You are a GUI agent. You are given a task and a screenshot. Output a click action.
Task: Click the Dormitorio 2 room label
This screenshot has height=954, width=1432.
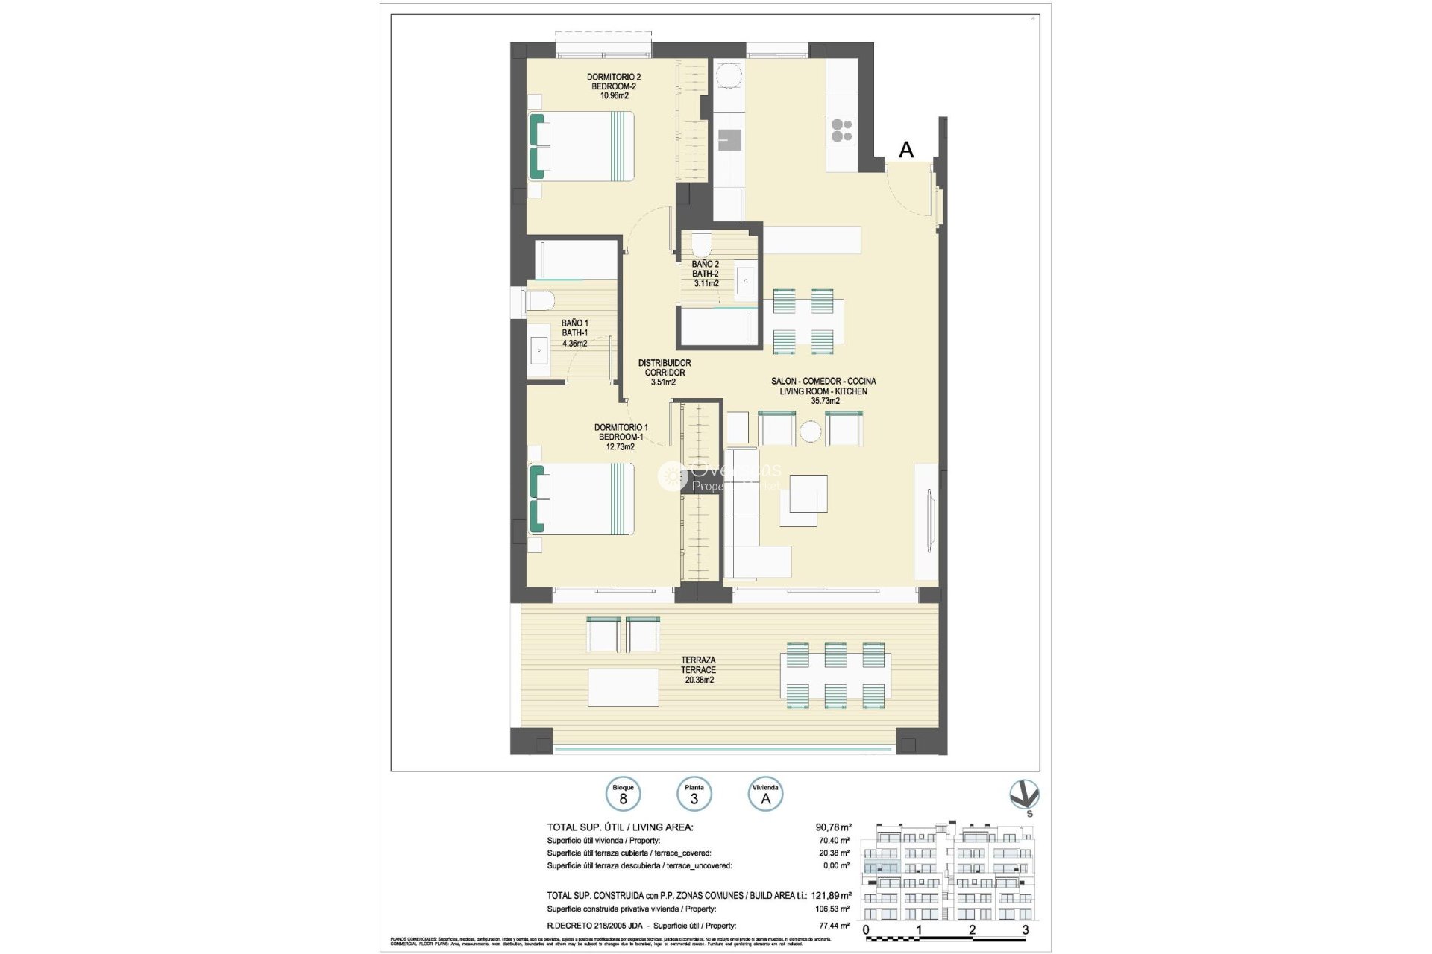613,77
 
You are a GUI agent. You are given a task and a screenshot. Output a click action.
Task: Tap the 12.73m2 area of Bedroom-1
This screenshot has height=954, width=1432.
620,446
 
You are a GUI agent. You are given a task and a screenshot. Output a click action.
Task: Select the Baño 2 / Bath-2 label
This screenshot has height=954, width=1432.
705,274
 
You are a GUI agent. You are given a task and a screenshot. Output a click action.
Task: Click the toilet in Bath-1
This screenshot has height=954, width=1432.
539,300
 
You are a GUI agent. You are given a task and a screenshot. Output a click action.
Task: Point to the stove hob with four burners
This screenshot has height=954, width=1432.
841,130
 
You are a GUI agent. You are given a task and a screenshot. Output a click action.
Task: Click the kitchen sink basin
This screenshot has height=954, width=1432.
729,140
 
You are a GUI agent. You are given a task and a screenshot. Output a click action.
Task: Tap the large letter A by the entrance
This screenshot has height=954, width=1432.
906,150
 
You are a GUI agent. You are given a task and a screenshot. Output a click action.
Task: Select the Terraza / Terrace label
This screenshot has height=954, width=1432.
698,669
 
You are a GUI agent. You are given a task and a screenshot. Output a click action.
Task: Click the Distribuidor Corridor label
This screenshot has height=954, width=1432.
664,372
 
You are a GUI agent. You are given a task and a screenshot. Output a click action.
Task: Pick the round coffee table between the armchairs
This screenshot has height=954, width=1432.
810,431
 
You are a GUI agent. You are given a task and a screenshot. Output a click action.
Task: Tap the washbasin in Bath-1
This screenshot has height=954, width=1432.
538,350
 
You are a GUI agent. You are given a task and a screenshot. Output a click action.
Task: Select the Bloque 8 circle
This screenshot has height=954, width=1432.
623,795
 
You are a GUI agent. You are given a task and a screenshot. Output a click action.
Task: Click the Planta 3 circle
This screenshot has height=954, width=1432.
694,795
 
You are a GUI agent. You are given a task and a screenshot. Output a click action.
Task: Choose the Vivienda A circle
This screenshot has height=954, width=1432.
765,795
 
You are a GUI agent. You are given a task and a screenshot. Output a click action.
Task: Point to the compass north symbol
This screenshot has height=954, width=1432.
1023,795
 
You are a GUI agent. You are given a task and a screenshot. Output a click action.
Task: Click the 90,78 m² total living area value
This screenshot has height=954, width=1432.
833,827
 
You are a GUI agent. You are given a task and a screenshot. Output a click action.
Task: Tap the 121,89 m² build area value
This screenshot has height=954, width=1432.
831,895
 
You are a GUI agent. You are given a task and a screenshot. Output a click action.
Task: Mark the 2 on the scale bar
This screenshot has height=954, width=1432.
972,929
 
